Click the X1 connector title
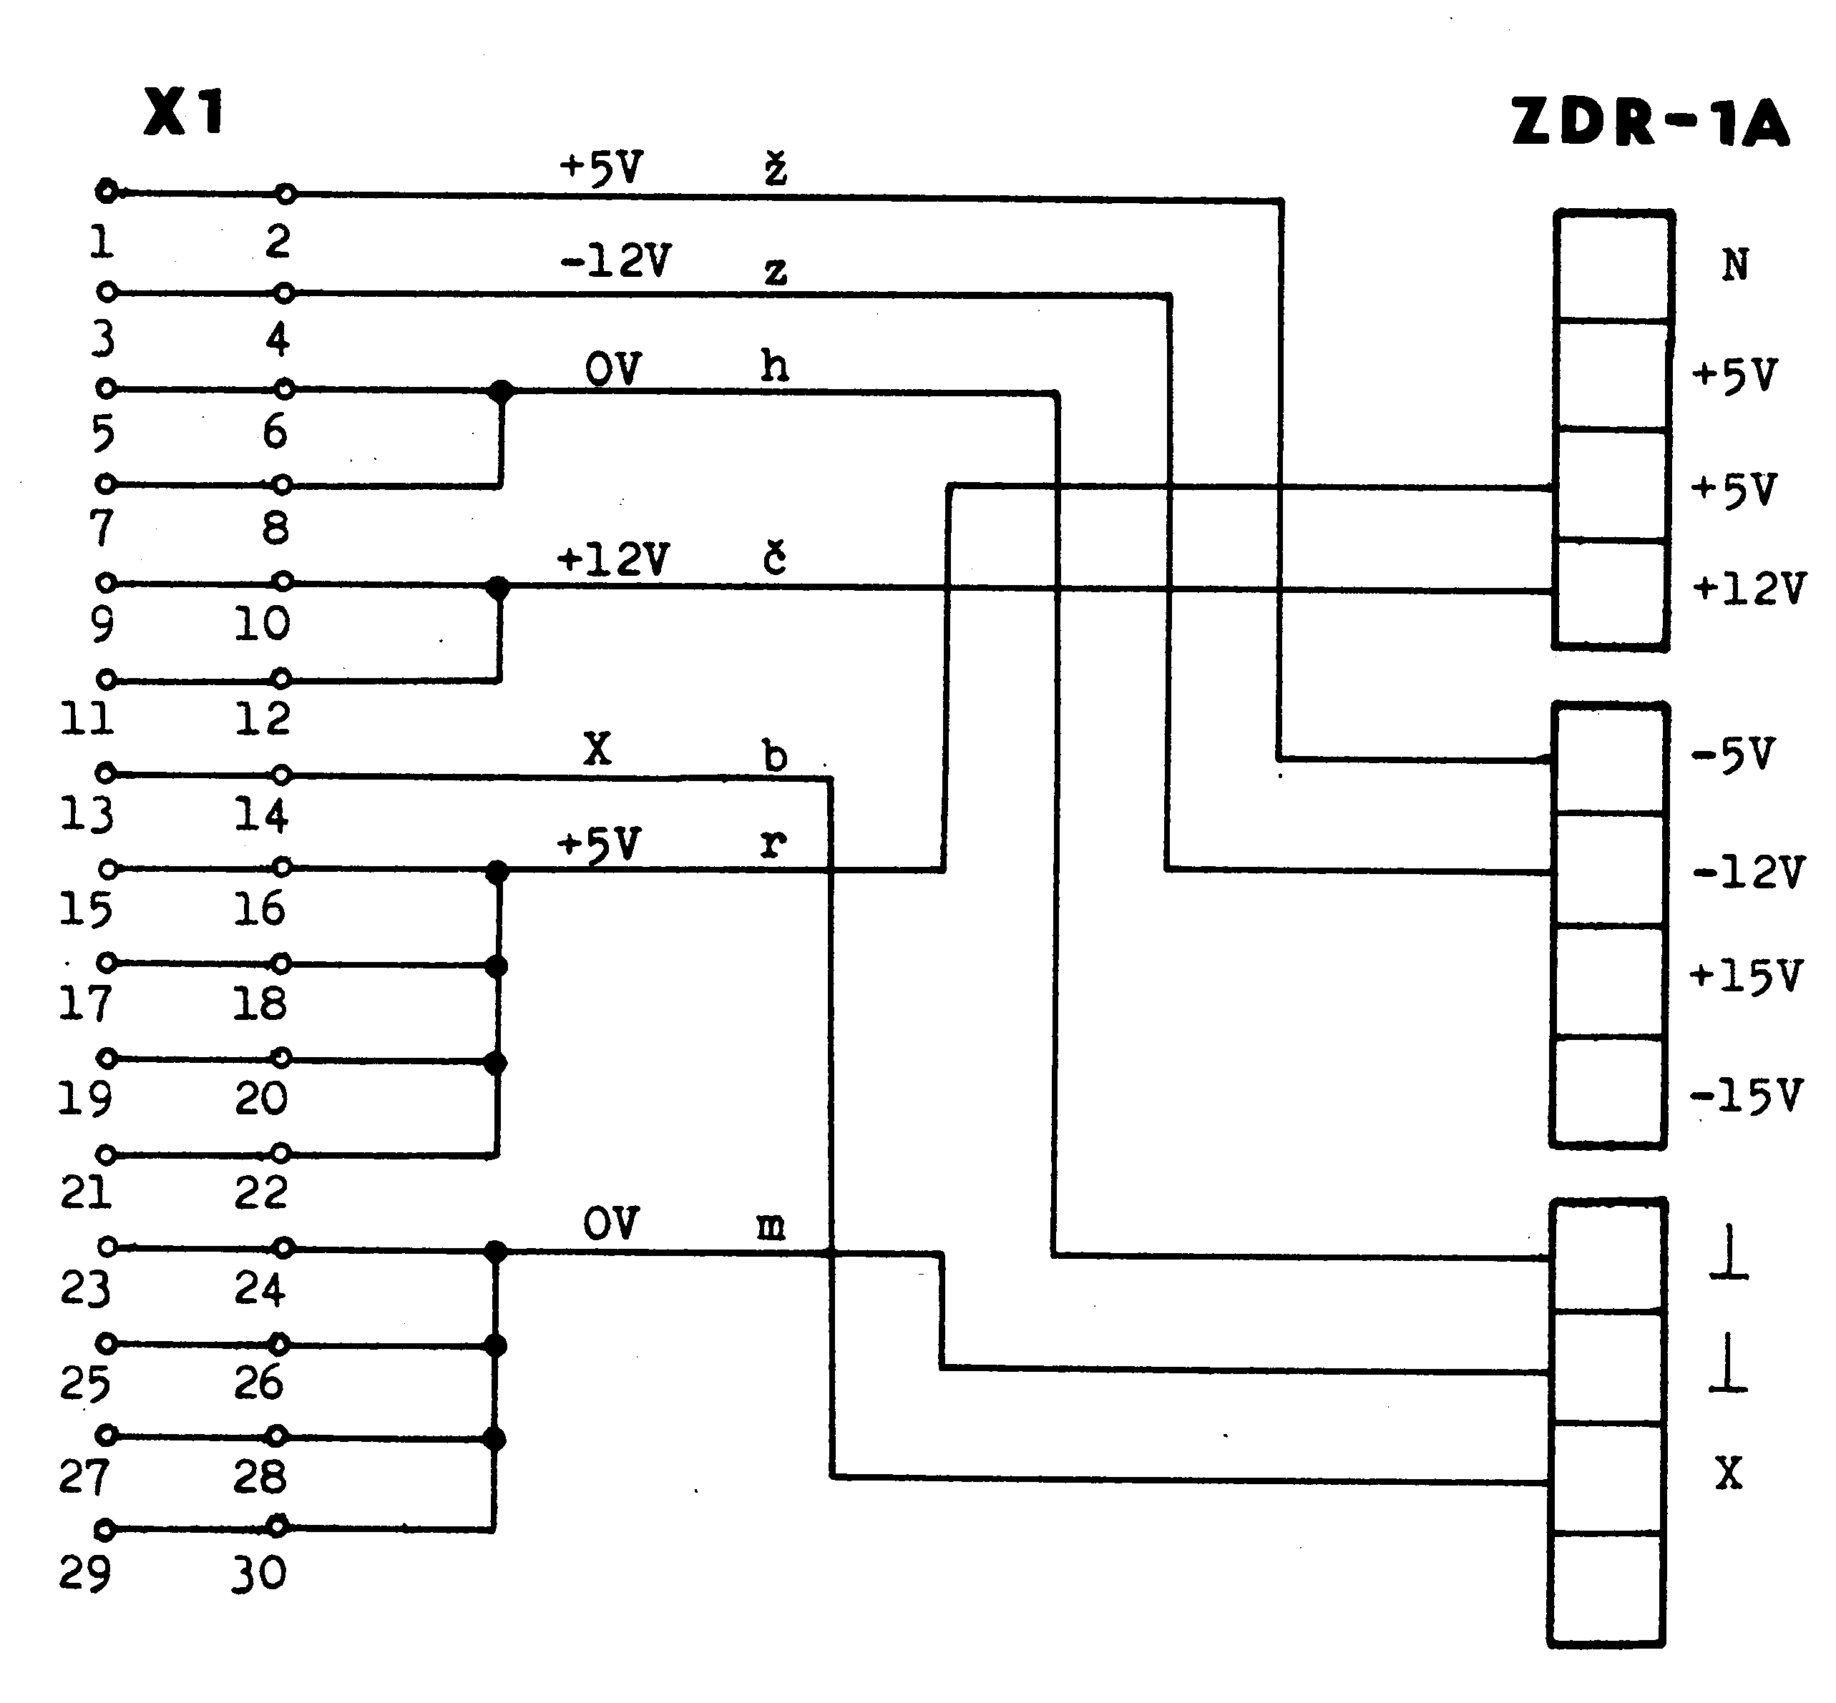point(185,112)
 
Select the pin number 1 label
point(102,242)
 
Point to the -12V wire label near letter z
point(615,261)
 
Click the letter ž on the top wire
point(775,170)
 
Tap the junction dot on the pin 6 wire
point(500,392)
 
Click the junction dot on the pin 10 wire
point(498,587)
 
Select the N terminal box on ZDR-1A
point(1614,265)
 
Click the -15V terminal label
point(1744,1096)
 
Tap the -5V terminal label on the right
point(1733,755)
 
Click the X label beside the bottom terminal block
point(1728,1473)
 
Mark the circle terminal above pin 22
point(282,1153)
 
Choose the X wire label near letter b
point(597,749)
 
